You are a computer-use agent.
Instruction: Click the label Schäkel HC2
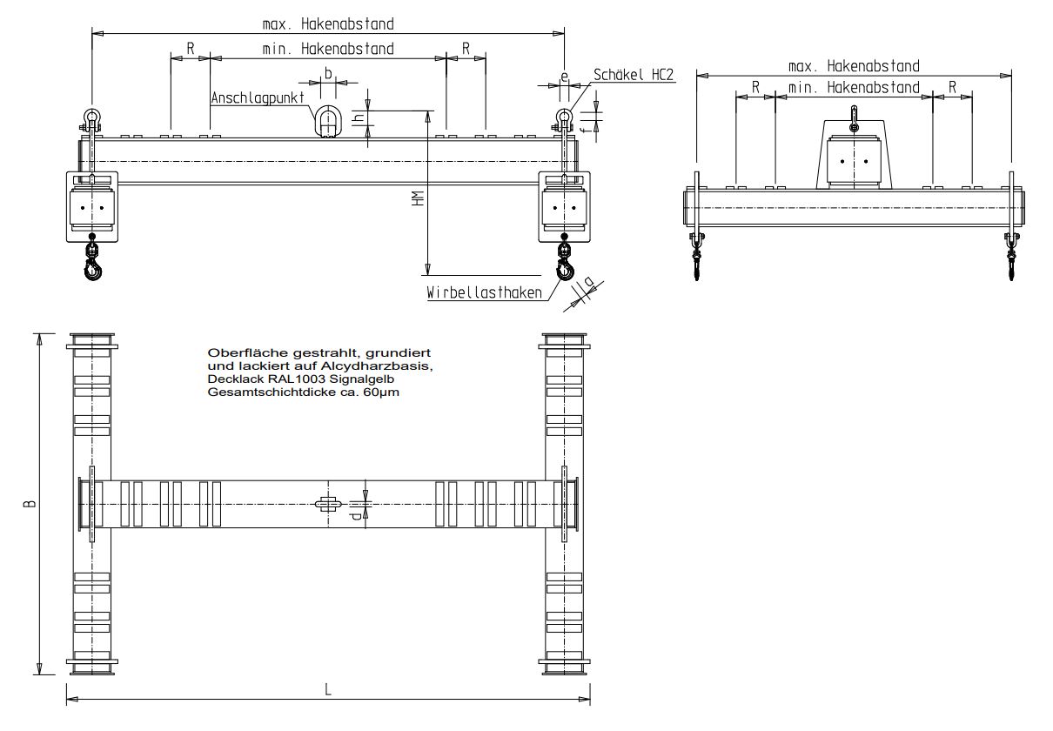coord(634,75)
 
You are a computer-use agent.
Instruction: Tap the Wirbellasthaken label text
coord(484,292)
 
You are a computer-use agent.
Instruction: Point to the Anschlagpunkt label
coord(257,97)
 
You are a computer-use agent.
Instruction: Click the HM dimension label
coord(418,198)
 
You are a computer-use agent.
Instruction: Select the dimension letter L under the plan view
coord(328,689)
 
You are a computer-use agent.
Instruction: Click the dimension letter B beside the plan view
coord(29,504)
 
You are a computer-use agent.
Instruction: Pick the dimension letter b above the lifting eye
coord(329,73)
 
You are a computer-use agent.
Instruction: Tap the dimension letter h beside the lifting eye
coord(359,118)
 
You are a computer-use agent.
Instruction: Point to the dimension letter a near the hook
coord(588,281)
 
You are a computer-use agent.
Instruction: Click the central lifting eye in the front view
coord(328,121)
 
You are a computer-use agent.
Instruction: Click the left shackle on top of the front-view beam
coord(91,121)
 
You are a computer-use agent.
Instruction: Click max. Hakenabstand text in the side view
coord(854,66)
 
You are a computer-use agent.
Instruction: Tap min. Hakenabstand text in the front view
coord(328,49)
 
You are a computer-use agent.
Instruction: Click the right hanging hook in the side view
coord(1011,257)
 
